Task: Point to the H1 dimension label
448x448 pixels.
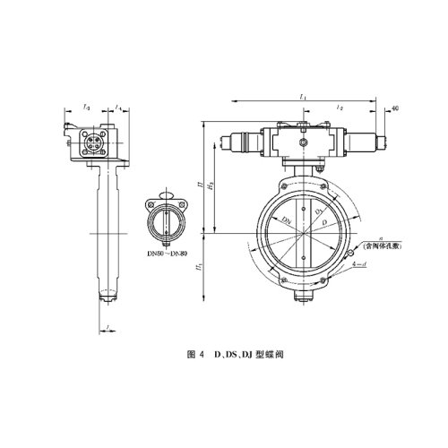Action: pos(200,266)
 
